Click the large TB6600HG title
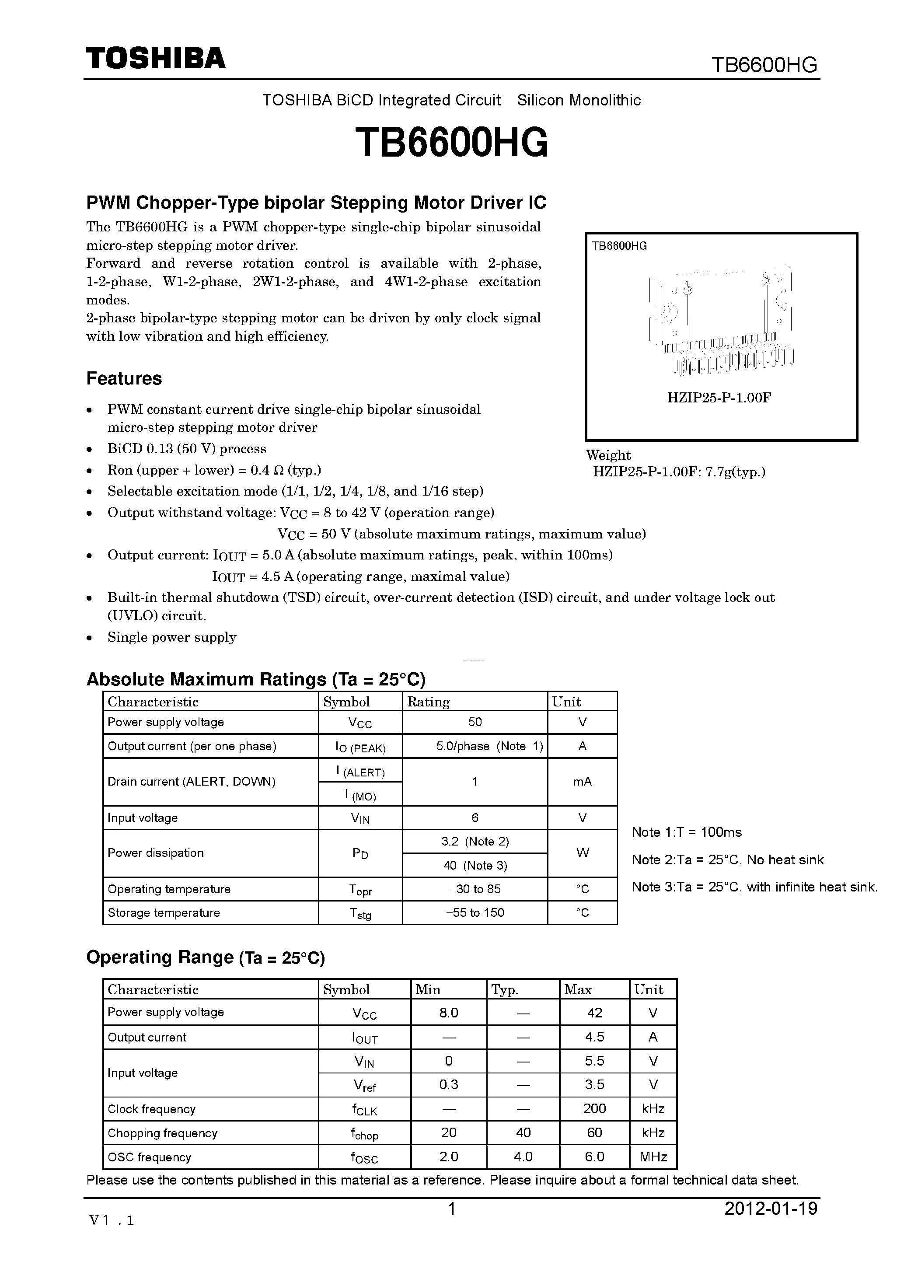click(x=451, y=143)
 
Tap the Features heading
click(x=124, y=379)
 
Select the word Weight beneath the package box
click(x=608, y=455)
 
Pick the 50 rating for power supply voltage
click(x=475, y=722)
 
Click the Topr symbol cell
click(x=360, y=890)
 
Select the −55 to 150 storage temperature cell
click(x=475, y=913)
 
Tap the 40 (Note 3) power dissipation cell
click(x=475, y=866)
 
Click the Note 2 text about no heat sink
click(x=727, y=860)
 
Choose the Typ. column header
click(x=505, y=990)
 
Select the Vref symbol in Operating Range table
click(x=364, y=1085)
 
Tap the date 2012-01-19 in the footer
click(x=770, y=1209)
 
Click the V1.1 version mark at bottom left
click(x=112, y=1220)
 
